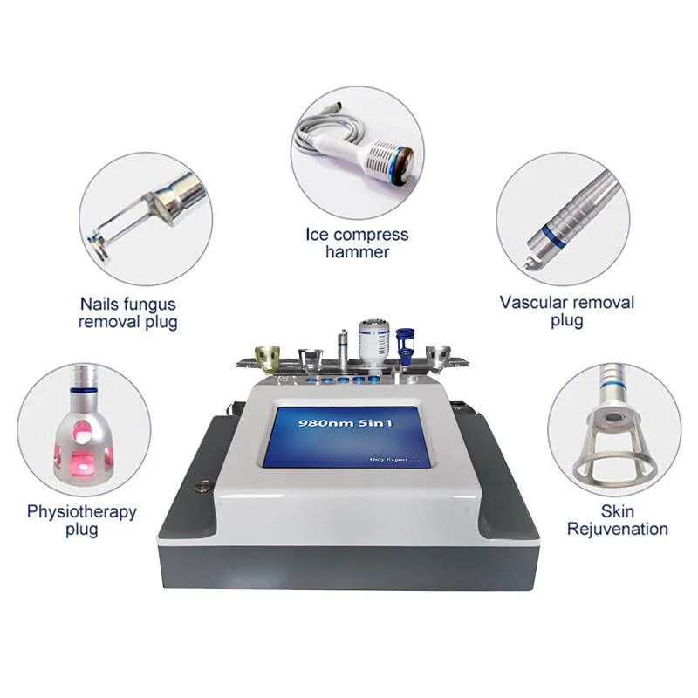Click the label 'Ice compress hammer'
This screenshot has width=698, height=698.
pyautogui.click(x=356, y=243)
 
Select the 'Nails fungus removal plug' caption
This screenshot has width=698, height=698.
pyautogui.click(x=128, y=313)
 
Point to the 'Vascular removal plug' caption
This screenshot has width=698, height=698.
pyautogui.click(x=566, y=311)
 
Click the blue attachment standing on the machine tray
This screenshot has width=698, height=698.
pyautogui.click(x=403, y=342)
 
